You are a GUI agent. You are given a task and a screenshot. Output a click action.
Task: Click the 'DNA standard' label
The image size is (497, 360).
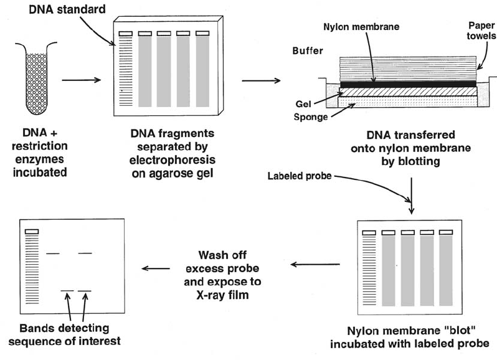67,9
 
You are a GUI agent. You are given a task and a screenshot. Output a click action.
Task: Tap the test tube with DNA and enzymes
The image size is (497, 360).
36,78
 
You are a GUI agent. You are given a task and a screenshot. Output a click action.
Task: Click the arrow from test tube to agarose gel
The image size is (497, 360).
81,80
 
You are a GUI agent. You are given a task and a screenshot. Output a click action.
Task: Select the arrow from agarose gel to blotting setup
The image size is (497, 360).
261,80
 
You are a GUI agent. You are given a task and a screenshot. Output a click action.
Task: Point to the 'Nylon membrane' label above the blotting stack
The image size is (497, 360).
361,27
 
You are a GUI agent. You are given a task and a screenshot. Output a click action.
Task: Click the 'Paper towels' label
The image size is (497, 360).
481,31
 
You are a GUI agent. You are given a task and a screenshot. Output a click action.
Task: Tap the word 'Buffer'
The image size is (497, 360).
308,50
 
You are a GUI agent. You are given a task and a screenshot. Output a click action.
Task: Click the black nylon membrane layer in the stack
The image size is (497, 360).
409,84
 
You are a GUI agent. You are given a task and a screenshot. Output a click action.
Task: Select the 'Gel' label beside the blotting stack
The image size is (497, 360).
303,104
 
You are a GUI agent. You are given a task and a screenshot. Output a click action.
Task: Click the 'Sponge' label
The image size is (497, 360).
311,117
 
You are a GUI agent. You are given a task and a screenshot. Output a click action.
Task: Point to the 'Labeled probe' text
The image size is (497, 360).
300,176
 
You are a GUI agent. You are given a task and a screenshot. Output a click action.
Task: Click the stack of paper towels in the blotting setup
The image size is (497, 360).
408,69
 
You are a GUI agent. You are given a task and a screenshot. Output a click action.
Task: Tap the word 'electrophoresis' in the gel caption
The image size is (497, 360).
173,159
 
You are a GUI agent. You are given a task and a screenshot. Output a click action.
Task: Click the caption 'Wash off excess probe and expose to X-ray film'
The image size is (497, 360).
222,275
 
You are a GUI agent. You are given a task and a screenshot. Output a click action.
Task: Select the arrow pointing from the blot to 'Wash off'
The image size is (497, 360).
315,264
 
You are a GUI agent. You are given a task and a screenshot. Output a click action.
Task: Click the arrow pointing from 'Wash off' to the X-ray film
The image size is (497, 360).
156,268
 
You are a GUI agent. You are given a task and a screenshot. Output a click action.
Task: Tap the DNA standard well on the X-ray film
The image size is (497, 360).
32,232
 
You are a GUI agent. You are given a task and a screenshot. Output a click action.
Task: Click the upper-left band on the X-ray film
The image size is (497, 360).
52,253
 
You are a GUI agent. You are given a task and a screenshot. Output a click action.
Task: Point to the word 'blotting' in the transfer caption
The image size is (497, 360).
410,161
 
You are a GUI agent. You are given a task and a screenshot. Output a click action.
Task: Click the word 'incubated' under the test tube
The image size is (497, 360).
40,173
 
